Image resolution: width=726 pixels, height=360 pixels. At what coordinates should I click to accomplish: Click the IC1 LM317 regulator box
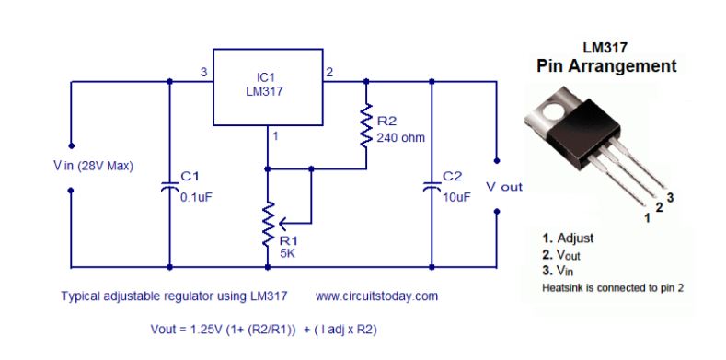point(268,87)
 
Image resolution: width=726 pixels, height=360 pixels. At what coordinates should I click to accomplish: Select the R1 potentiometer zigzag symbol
point(268,224)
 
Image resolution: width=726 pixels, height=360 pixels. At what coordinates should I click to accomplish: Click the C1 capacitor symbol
point(169,187)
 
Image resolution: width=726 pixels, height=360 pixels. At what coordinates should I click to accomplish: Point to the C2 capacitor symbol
point(432,187)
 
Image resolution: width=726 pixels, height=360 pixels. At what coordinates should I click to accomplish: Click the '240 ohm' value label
point(400,137)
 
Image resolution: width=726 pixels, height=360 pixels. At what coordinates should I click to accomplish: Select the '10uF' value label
point(457,197)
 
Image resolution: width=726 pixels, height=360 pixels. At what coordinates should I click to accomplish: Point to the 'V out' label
point(504,187)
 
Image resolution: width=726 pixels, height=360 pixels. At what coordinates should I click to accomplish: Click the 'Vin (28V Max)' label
point(93,166)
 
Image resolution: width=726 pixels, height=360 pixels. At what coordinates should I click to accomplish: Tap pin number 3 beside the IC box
point(203,72)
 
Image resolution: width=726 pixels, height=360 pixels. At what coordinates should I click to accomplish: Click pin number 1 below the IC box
point(275,136)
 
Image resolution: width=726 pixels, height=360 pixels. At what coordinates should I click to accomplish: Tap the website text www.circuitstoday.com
point(376,296)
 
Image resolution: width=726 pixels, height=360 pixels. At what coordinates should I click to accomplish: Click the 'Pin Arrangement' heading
point(606,65)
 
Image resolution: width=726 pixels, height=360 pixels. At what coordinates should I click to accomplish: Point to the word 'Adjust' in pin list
point(575,238)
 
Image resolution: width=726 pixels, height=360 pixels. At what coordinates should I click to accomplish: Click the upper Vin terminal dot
point(71,145)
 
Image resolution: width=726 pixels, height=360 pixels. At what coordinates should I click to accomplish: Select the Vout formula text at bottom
point(264,330)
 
